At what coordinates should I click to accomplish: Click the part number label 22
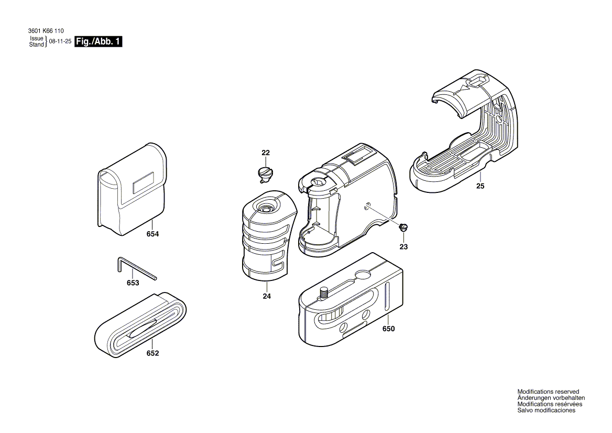pyautogui.click(x=266, y=153)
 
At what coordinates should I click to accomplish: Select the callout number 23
pyautogui.click(x=403, y=246)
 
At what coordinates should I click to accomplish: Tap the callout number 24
pyautogui.click(x=267, y=296)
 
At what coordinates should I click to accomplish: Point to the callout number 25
pyautogui.click(x=480, y=186)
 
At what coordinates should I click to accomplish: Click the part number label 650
pyautogui.click(x=388, y=329)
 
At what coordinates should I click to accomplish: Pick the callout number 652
pyautogui.click(x=152, y=353)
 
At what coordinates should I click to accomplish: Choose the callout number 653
pyautogui.click(x=133, y=283)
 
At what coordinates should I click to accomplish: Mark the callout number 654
pyautogui.click(x=152, y=235)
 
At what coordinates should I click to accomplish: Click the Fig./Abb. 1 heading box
pyautogui.click(x=99, y=42)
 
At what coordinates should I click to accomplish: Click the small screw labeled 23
pyautogui.click(x=403, y=228)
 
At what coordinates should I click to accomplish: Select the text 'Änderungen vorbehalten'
pyautogui.click(x=547, y=398)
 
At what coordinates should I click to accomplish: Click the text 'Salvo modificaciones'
pyautogui.click(x=546, y=410)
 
